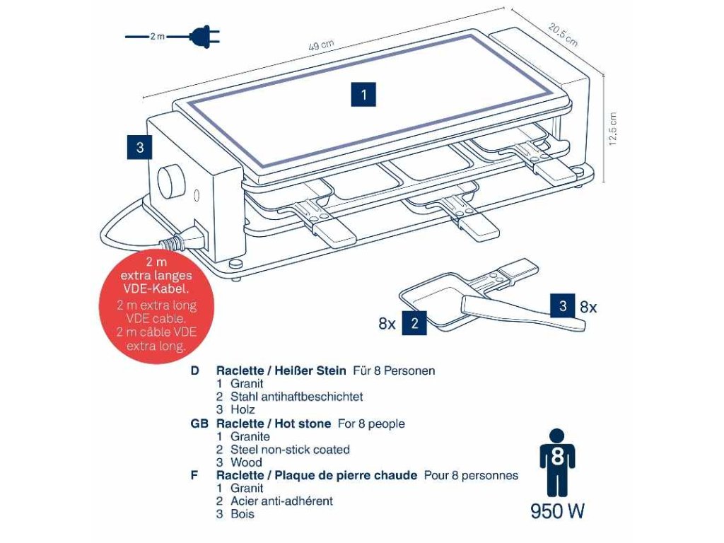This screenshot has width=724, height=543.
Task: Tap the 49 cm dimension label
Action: pos(321,45)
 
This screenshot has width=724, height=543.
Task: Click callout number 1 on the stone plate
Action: pos(363,94)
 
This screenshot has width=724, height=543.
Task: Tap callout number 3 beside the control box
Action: pos(140,147)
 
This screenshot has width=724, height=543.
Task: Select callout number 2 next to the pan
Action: pos(414,324)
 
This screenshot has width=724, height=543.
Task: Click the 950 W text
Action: pos(557,511)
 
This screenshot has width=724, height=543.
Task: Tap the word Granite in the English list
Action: pos(250,436)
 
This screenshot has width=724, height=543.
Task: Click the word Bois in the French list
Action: pos(243,514)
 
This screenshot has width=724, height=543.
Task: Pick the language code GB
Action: pos(199,424)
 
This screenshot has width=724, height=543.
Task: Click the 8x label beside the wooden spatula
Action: pos(588,307)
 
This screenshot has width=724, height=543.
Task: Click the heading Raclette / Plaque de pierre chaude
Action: pos(316,475)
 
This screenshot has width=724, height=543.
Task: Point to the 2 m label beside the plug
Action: pos(157,36)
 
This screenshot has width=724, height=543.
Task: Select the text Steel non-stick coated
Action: pos(290,450)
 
